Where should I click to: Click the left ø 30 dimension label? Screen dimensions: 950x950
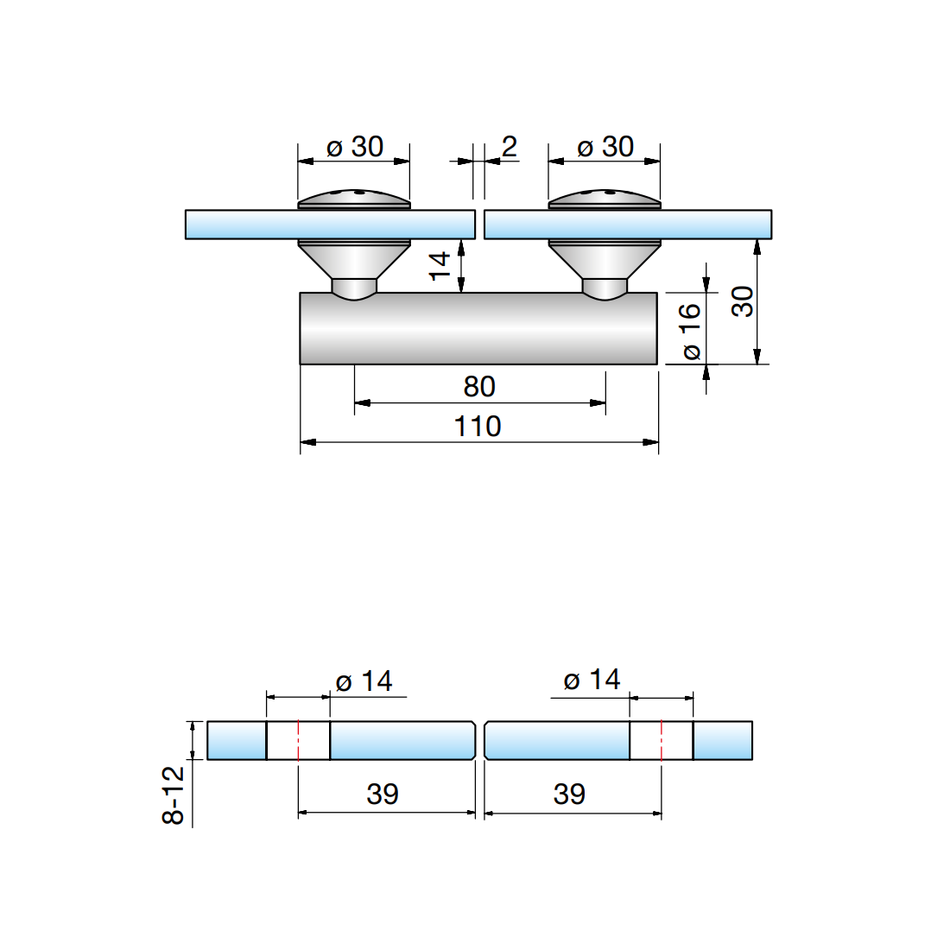[x=354, y=148]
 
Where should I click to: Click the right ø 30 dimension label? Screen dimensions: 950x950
[x=605, y=148]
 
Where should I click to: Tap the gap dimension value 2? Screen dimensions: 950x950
[x=509, y=148]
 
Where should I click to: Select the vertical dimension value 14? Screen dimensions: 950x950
[x=440, y=265]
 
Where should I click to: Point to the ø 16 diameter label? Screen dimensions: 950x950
[x=690, y=332]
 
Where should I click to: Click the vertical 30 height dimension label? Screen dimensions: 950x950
[x=743, y=301]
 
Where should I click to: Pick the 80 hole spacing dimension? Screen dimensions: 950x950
[x=479, y=386]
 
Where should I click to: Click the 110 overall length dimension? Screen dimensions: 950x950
[x=478, y=426]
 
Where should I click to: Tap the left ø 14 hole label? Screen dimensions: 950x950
[x=364, y=681]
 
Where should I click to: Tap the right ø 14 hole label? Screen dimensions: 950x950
[x=592, y=680]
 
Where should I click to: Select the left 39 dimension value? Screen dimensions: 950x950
[x=383, y=794]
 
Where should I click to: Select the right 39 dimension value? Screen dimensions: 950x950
[x=569, y=794]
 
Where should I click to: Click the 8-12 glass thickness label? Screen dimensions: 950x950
[x=174, y=795]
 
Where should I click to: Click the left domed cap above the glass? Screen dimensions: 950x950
[x=354, y=199]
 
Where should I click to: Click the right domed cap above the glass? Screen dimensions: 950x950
[x=605, y=199]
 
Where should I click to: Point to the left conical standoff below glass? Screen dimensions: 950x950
[x=354, y=262]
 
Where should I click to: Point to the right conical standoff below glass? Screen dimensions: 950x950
[x=605, y=262]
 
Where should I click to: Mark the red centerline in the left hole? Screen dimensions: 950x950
[x=298, y=740]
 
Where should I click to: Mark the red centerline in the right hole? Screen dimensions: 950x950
[x=662, y=740]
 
